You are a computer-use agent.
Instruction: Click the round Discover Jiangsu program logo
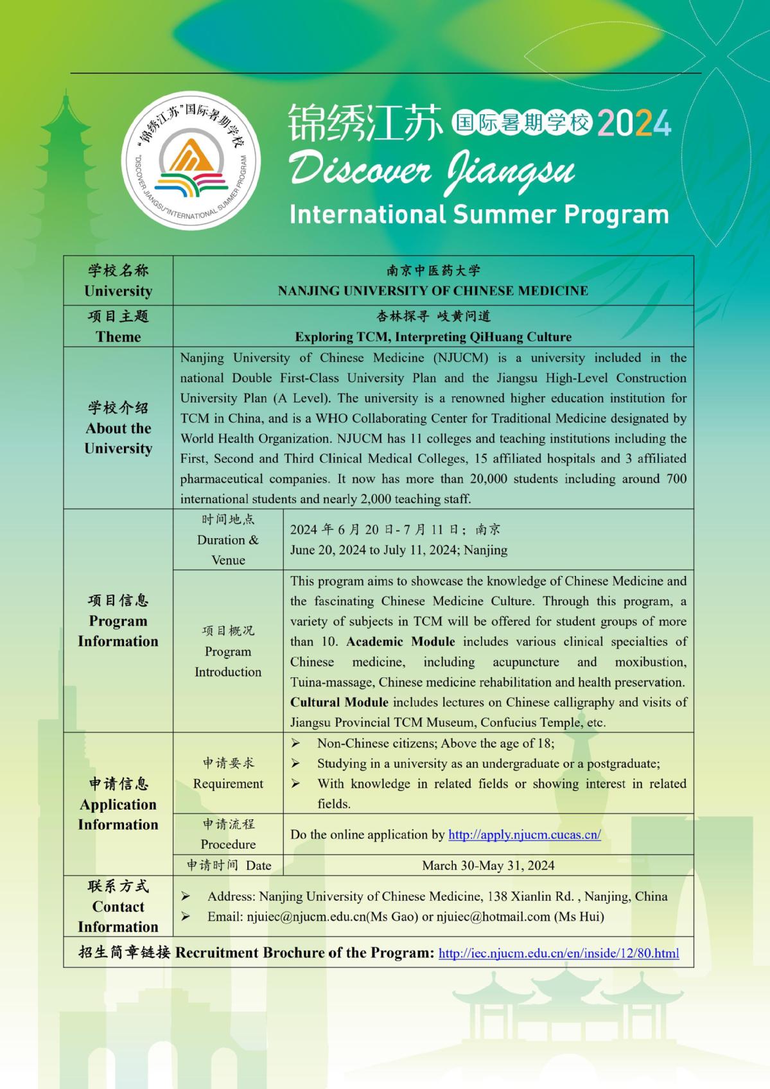pyautogui.click(x=191, y=161)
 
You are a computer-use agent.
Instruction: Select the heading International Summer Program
pyautogui.click(x=479, y=214)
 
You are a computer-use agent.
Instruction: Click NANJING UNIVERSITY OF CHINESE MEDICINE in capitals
pyautogui.click(x=433, y=291)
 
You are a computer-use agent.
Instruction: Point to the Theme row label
pyautogui.click(x=118, y=336)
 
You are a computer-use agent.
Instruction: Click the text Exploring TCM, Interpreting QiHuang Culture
pyautogui.click(x=433, y=336)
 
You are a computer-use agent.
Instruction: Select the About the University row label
pyautogui.click(x=118, y=438)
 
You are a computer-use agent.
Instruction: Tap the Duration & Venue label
pyautogui.click(x=228, y=550)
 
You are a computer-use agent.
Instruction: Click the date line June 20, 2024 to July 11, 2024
pyautogui.click(x=398, y=550)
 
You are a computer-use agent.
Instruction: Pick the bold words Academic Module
pyautogui.click(x=401, y=641)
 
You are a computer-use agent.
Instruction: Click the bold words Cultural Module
pyautogui.click(x=339, y=702)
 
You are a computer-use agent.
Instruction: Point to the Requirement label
pyautogui.click(x=228, y=783)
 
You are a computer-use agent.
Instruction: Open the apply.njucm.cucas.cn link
pyautogui.click(x=524, y=835)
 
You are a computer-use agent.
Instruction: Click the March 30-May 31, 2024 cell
pyautogui.click(x=488, y=865)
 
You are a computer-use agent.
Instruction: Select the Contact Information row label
pyautogui.click(x=118, y=916)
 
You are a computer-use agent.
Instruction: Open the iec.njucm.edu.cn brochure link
pyautogui.click(x=558, y=954)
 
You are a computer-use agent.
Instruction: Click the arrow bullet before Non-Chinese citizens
pyautogui.click(x=295, y=744)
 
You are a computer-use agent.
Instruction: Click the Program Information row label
pyautogui.click(x=118, y=631)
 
